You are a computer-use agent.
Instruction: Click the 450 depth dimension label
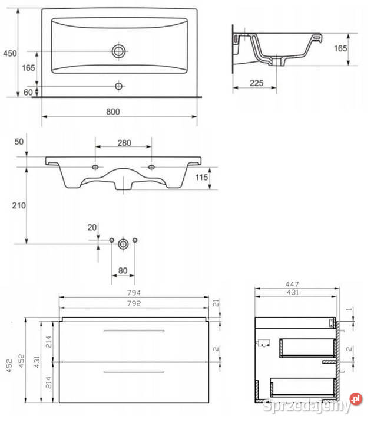click(10, 53)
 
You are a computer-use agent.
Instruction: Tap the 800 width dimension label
click(113, 112)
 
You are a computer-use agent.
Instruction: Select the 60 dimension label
click(28, 93)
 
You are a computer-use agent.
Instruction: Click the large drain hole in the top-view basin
click(119, 51)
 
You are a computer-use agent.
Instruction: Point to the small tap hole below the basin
click(119, 86)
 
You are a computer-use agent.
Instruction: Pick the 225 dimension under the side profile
click(257, 83)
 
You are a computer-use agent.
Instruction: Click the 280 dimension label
click(124, 143)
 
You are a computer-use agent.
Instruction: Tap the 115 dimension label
click(202, 178)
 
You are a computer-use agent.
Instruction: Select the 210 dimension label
click(19, 205)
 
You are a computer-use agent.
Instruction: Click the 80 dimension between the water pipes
click(123, 270)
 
